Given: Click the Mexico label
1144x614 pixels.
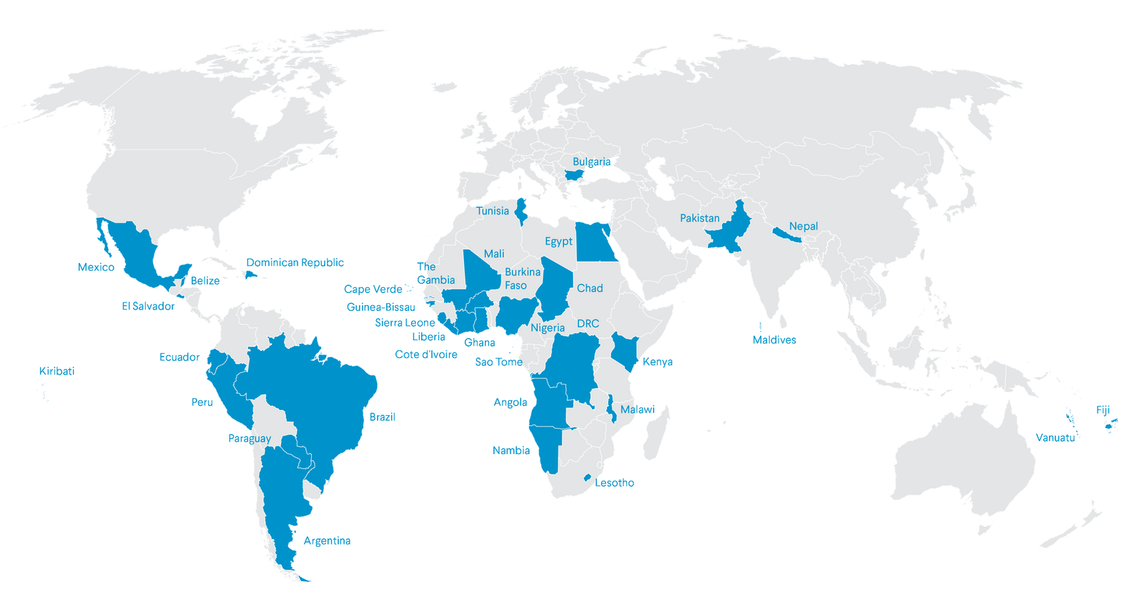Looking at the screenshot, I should (96, 267).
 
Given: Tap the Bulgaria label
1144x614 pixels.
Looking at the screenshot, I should (592, 162).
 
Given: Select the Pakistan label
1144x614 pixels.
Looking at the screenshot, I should (699, 218).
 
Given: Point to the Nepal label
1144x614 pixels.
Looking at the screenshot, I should (803, 226).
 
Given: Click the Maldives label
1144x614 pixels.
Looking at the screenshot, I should (774, 340).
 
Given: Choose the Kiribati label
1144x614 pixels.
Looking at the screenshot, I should (57, 371).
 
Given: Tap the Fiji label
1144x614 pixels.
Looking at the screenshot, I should (1103, 410).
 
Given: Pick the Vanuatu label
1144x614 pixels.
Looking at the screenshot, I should (1055, 437).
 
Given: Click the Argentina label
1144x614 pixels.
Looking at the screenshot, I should (327, 541).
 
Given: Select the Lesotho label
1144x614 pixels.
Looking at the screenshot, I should (615, 483).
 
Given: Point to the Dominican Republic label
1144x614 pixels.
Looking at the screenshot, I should (295, 263).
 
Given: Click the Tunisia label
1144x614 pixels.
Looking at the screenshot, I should (493, 211).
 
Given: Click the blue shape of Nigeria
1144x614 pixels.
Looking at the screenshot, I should (513, 315).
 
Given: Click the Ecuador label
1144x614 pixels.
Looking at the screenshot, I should (179, 357).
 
